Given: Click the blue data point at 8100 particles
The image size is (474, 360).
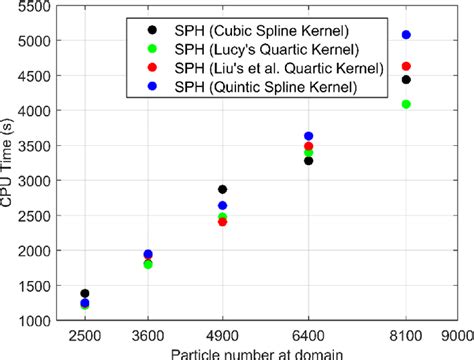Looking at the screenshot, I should click(405, 35).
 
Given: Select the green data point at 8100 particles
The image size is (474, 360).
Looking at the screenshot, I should click(405, 104).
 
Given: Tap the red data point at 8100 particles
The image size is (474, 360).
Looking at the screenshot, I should click(405, 66).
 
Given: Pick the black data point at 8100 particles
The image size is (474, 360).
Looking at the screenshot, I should click(405, 80).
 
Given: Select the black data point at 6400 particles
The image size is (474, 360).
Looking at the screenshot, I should click(308, 160).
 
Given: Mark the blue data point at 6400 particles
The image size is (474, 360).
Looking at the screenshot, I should click(308, 136).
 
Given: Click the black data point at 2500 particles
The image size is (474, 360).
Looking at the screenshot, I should click(84, 293).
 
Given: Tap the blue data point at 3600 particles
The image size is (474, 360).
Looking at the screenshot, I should click(148, 255).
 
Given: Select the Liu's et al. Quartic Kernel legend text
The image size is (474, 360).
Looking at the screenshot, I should click(270, 67).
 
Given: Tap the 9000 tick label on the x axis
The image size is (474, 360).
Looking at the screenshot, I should click(458, 336).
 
